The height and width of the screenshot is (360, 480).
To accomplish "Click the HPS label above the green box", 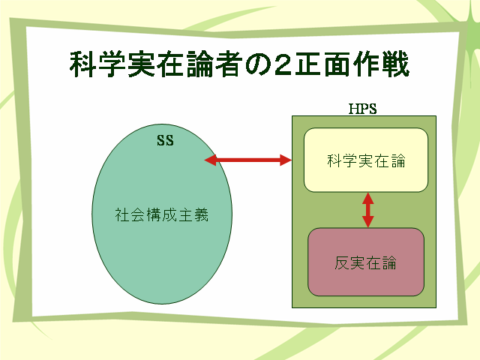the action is click(362, 109).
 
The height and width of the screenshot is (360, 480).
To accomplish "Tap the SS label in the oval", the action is click(165, 140).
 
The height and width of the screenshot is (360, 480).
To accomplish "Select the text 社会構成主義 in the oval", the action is click(162, 214).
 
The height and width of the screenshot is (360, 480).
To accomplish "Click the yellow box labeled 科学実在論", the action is click(366, 160).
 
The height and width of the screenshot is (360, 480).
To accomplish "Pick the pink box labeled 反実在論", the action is click(366, 262).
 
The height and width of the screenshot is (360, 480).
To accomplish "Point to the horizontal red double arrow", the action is click(248, 160).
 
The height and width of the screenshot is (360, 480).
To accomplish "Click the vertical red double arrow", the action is click(368, 210).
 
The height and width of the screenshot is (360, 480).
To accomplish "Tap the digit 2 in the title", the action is click(283, 65).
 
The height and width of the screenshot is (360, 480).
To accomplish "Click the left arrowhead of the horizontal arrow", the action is click(210, 160).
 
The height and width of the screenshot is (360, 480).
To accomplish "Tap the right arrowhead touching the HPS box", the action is click(286, 160).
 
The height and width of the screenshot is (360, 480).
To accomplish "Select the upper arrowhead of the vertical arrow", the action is click(368, 198).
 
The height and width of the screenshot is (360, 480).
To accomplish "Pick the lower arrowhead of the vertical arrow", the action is click(368, 222).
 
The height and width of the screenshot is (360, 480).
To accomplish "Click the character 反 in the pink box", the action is click(342, 263).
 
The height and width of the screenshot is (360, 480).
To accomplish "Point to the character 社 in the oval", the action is click(122, 214).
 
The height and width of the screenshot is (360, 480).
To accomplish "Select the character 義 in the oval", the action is click(202, 214).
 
